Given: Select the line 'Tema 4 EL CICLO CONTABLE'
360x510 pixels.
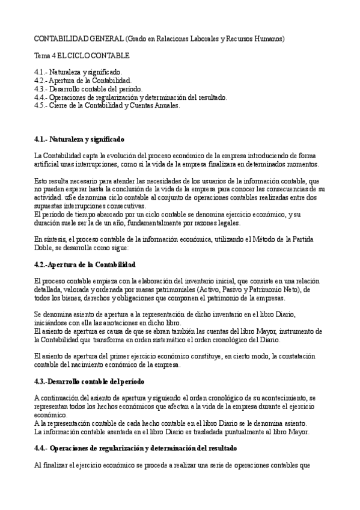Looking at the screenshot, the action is pos(82,56).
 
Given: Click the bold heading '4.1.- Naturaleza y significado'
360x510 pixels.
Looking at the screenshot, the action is pos(79,139).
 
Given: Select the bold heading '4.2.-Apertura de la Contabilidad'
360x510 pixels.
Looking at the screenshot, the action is pos(85,264).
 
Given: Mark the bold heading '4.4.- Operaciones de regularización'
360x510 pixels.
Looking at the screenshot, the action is pos(135,448).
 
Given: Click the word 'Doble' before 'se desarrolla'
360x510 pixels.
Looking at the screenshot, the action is pos(44,247).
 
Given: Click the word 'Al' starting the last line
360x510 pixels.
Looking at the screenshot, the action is pos(38,465).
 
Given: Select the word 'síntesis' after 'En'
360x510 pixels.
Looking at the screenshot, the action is pos(57,239).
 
